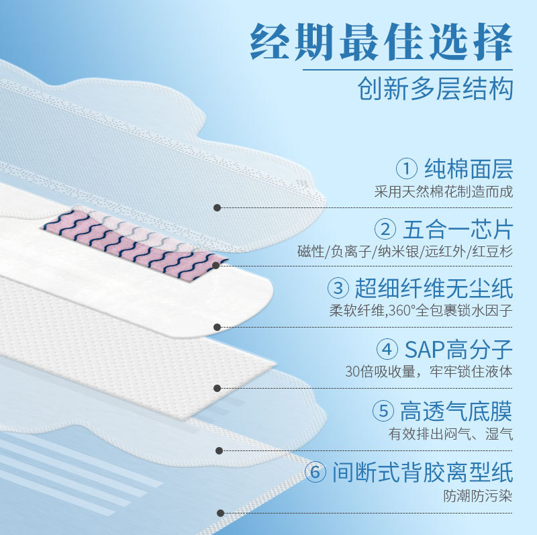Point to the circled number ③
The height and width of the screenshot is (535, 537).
338,289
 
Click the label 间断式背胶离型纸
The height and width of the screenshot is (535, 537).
422,472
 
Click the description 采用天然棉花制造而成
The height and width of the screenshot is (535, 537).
444,191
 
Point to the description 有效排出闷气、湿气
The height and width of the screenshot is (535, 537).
450,434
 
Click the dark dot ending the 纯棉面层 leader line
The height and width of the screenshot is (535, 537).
217,207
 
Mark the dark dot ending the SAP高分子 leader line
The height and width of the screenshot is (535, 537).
217,388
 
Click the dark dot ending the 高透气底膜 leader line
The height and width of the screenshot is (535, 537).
217,451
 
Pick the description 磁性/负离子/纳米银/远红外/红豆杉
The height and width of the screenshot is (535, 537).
405,252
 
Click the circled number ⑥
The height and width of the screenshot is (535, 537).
315,472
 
